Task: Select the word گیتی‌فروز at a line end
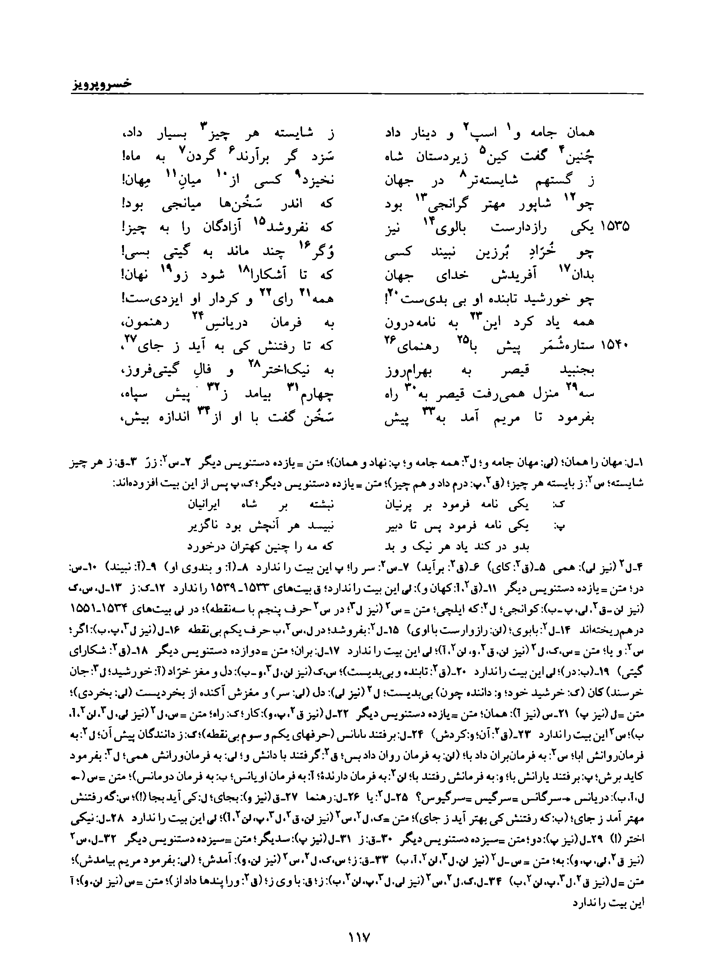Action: point(149,371)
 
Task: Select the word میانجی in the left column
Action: point(171,204)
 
